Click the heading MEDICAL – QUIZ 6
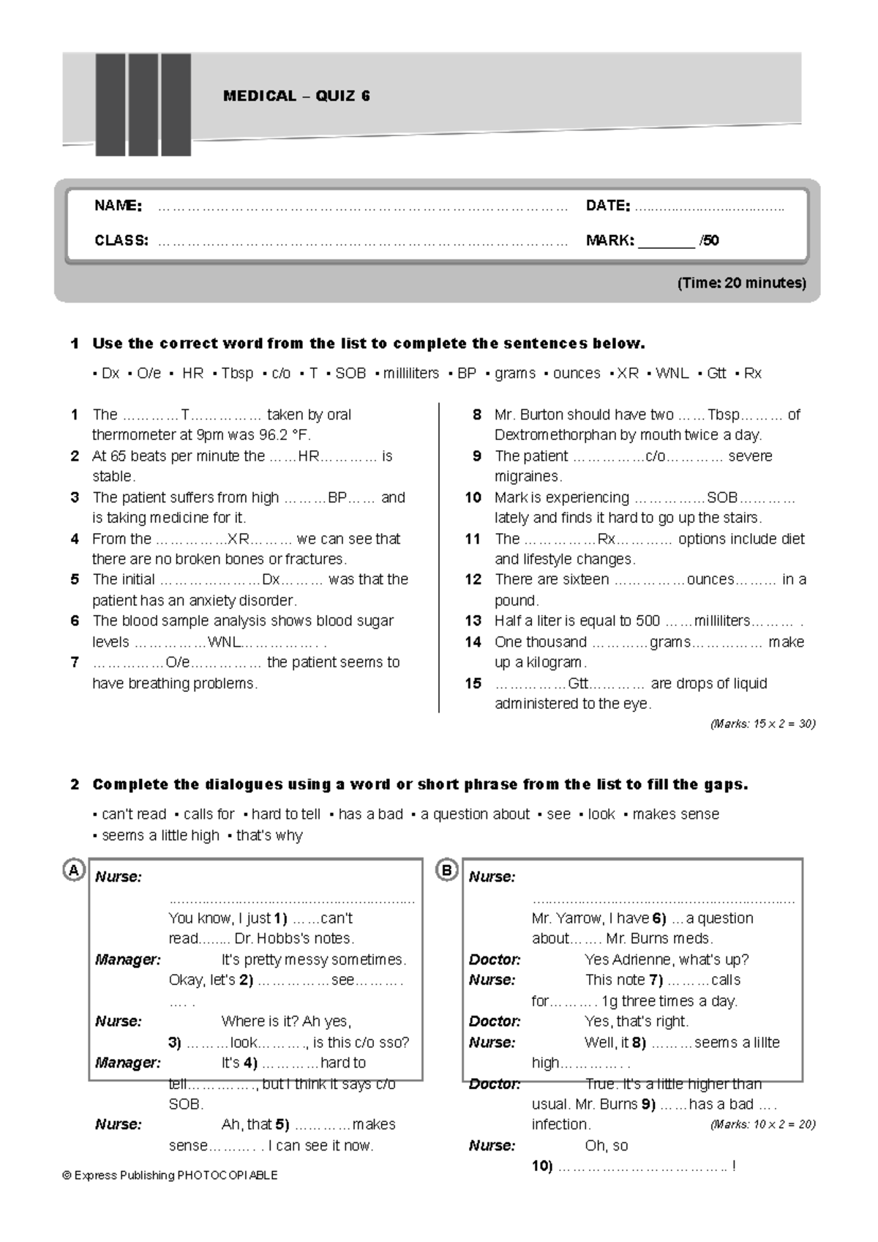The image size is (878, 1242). click(x=296, y=96)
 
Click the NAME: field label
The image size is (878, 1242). click(x=118, y=206)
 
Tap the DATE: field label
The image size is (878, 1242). click(x=607, y=206)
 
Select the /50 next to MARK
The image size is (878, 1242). click(x=710, y=240)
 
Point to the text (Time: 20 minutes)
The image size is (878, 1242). click(x=741, y=283)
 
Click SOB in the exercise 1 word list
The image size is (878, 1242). click(x=350, y=373)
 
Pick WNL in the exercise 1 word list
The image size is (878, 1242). click(x=672, y=373)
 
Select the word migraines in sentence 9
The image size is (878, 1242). click(x=528, y=477)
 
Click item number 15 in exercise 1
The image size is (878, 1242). click(x=473, y=683)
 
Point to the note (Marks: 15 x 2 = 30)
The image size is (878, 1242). click(x=762, y=724)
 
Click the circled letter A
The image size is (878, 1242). click(x=73, y=871)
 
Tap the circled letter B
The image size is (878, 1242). click(x=446, y=871)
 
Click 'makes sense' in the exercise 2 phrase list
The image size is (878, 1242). click(x=675, y=814)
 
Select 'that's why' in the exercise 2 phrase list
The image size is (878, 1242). click(x=269, y=836)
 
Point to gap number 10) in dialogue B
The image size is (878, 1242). click(x=542, y=1167)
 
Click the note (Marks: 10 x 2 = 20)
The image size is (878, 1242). click(x=762, y=1124)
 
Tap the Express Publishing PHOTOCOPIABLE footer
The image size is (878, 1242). click(x=170, y=1175)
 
